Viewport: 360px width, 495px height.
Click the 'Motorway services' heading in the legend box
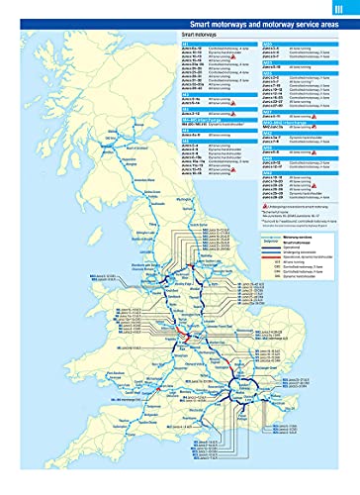click(313, 265)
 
